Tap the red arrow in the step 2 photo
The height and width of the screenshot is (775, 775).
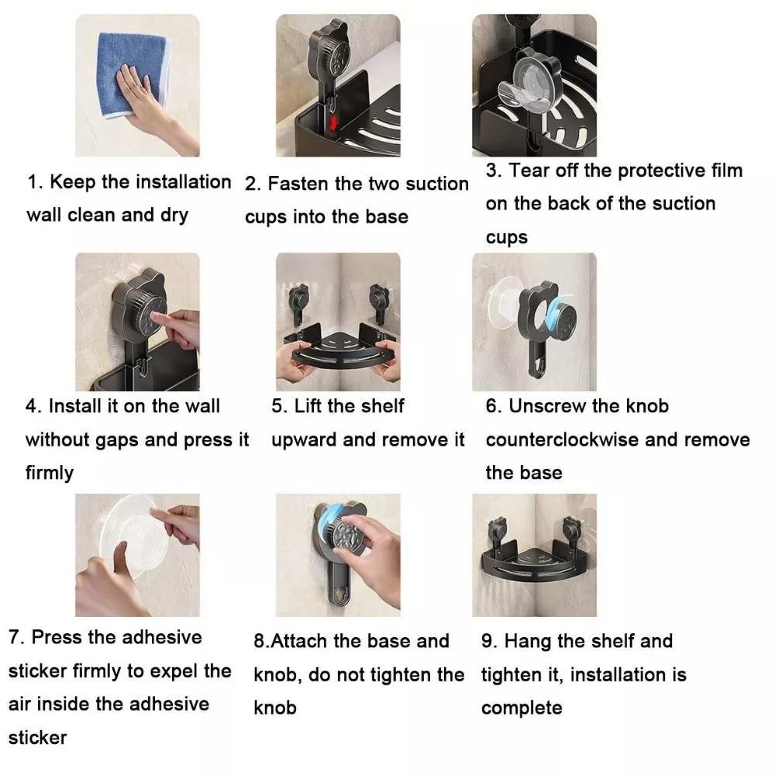333,122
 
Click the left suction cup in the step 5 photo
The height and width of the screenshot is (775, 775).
298,301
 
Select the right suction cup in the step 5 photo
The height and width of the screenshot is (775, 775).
379,301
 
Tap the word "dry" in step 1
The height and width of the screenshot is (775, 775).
174,215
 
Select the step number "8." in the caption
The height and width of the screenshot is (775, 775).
261,642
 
